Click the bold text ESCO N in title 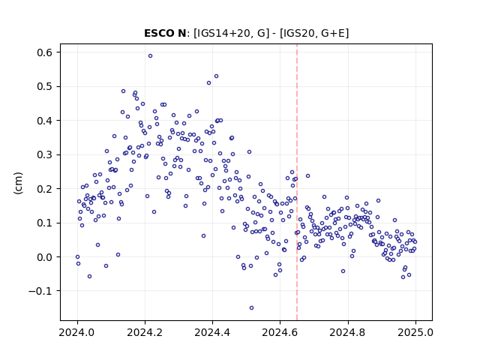pyautogui.click(x=165, y=33)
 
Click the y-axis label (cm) pyautogui.click(x=18, y=183)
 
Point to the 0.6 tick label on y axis pyautogui.click(x=45, y=52)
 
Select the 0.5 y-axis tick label pyautogui.click(x=45, y=87)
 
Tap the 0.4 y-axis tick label pyautogui.click(x=45, y=121)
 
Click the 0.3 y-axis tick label pyautogui.click(x=45, y=155)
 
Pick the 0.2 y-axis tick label pyautogui.click(x=45, y=189)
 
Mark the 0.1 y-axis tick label pyautogui.click(x=45, y=223)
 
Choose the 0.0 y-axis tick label pyautogui.click(x=45, y=257)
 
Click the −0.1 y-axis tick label pyautogui.click(x=40, y=291)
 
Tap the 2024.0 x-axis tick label pyautogui.click(x=76, y=332)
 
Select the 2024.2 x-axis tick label pyautogui.click(x=145, y=332)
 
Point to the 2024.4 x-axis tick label pyautogui.click(x=212, y=332)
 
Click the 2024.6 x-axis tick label pyautogui.click(x=280, y=332)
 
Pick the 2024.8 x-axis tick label pyautogui.click(x=348, y=332)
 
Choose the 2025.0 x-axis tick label pyautogui.click(x=415, y=332)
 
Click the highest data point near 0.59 pyautogui.click(x=150, y=56)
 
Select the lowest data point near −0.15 pyautogui.click(x=252, y=308)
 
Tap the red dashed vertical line pyautogui.click(x=297, y=182)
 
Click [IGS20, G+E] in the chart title pyautogui.click(x=314, y=33)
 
